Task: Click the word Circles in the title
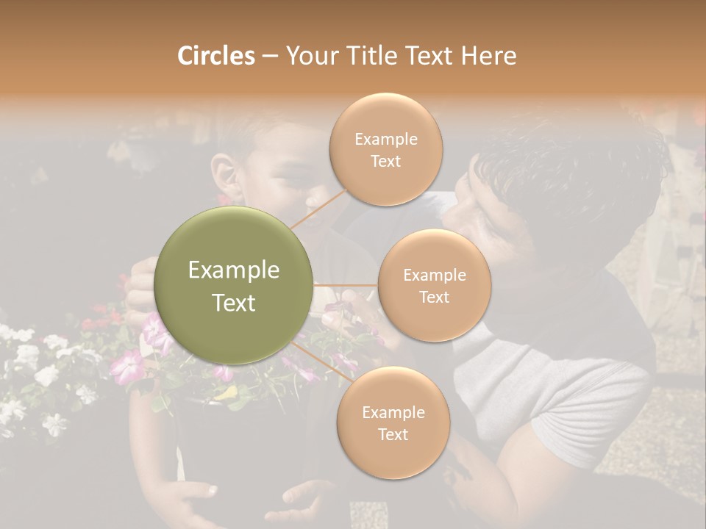[215, 56]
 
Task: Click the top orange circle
[385, 148]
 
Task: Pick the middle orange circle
[434, 285]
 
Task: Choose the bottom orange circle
[393, 422]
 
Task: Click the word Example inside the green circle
[234, 270]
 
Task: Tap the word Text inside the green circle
[234, 303]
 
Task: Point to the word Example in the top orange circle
[385, 139]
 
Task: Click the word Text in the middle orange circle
[434, 297]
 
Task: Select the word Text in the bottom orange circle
[393, 434]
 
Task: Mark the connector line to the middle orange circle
[346, 284]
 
